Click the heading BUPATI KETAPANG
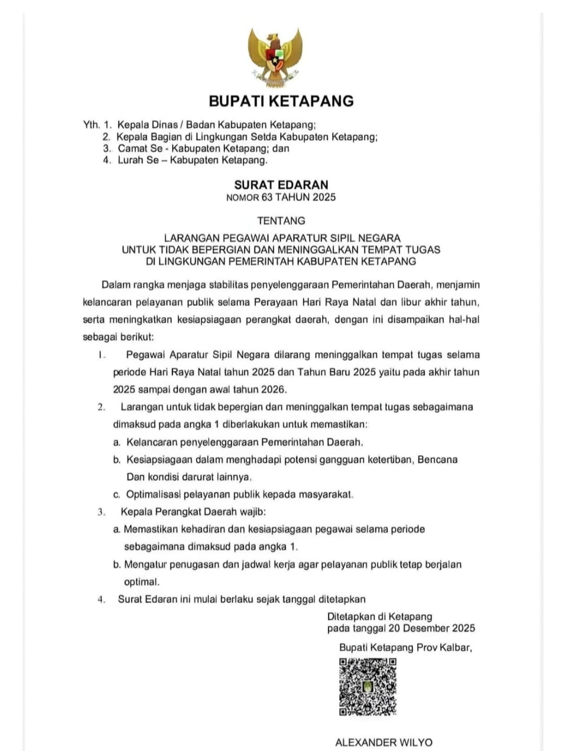click(281, 101)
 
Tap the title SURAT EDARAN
click(281, 185)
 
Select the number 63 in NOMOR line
click(267, 198)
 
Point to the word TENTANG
click(281, 221)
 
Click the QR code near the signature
click(367, 686)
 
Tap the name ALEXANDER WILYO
click(384, 743)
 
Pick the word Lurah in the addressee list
click(131, 160)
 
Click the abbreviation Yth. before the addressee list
click(91, 125)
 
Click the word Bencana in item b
click(438, 460)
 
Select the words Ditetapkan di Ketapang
click(379, 617)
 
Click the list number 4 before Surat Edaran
click(101, 599)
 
